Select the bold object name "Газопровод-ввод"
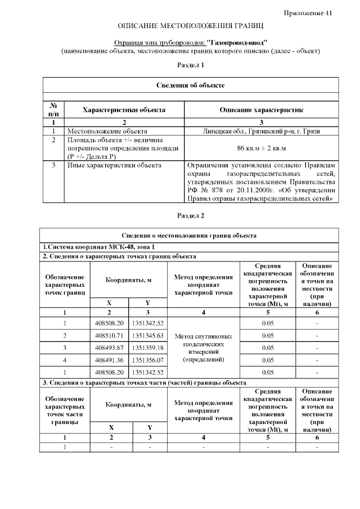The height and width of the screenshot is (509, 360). click(x=237, y=42)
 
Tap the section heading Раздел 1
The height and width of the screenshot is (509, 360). click(x=190, y=65)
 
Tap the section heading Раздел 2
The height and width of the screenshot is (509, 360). click(x=190, y=215)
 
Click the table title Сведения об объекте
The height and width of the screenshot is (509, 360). click(x=190, y=85)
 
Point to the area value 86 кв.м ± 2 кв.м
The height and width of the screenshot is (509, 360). click(x=261, y=148)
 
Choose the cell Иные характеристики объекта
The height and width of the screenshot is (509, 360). click(x=114, y=165)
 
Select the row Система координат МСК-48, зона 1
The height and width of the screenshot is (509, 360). click(x=98, y=247)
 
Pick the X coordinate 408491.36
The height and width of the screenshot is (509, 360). click(x=109, y=360)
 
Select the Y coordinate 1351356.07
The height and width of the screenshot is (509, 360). click(x=148, y=360)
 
